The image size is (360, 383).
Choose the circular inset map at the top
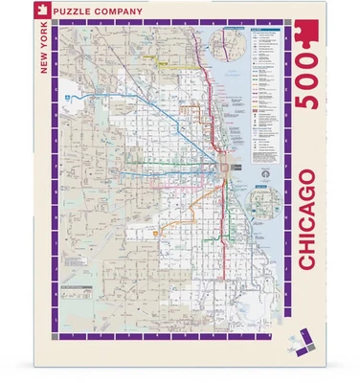(232, 40)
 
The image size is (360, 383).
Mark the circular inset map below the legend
(261, 204)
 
